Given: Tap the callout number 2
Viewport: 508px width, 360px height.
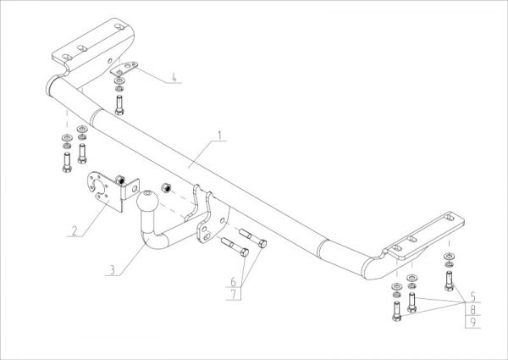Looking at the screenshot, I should (75, 229).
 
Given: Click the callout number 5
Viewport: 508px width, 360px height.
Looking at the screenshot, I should (472, 296).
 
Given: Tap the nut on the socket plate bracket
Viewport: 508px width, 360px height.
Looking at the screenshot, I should (121, 179).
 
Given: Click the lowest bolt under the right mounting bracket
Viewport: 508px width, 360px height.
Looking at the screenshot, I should (394, 316).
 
